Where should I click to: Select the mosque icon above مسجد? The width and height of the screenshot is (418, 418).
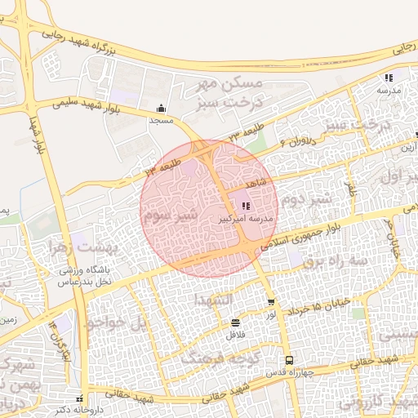coord(161,108)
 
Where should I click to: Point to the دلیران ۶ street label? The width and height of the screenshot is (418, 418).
coord(296,140)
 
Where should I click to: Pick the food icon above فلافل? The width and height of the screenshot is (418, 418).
coord(235,322)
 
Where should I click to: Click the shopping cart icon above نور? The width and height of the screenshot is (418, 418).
coord(271,302)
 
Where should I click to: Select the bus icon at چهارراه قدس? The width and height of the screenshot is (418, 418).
coord(288,361)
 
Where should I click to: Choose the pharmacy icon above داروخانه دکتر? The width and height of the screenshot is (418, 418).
coord(79,399)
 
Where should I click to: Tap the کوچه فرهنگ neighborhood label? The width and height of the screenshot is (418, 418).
coord(215,358)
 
